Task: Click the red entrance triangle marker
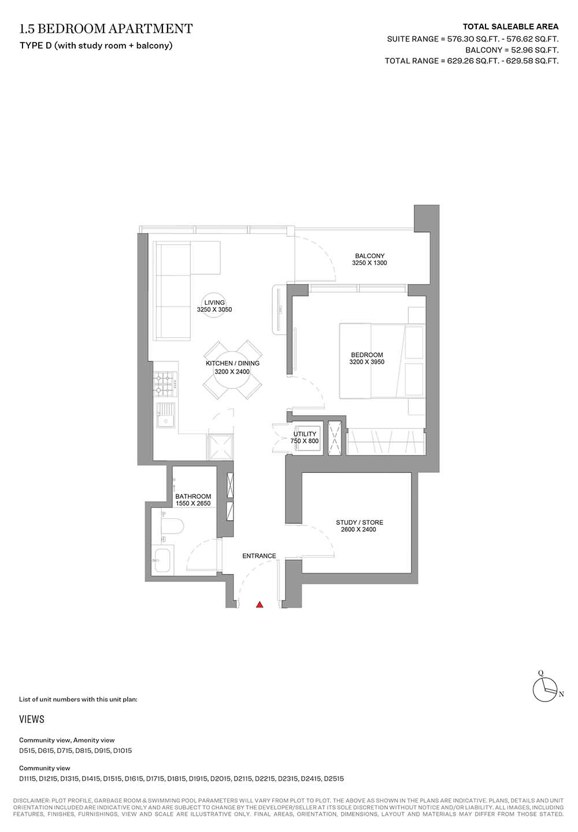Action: [260, 605]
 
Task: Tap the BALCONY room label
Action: [369, 256]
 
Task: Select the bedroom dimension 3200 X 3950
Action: [366, 362]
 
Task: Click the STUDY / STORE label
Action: [360, 522]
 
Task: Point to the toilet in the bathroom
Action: [173, 526]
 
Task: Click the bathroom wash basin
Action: [162, 561]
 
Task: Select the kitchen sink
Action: [165, 415]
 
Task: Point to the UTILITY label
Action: [305, 434]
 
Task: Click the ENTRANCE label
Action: [260, 555]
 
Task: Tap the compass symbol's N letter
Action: [561, 694]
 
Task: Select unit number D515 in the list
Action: [27, 751]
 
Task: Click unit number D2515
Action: [334, 778]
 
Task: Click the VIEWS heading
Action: [32, 719]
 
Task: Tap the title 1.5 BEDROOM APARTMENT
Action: [106, 29]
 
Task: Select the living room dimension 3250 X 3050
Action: [214, 309]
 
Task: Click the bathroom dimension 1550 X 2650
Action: [193, 503]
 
